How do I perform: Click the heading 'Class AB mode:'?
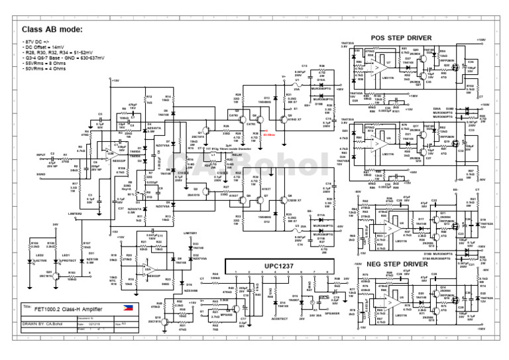(x=53, y=30)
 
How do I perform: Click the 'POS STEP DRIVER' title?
(x=402, y=38)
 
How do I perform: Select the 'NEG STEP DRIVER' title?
(x=402, y=264)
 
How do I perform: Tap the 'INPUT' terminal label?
(x=41, y=154)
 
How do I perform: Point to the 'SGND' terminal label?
(x=40, y=174)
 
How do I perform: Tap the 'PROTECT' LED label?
(x=68, y=261)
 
